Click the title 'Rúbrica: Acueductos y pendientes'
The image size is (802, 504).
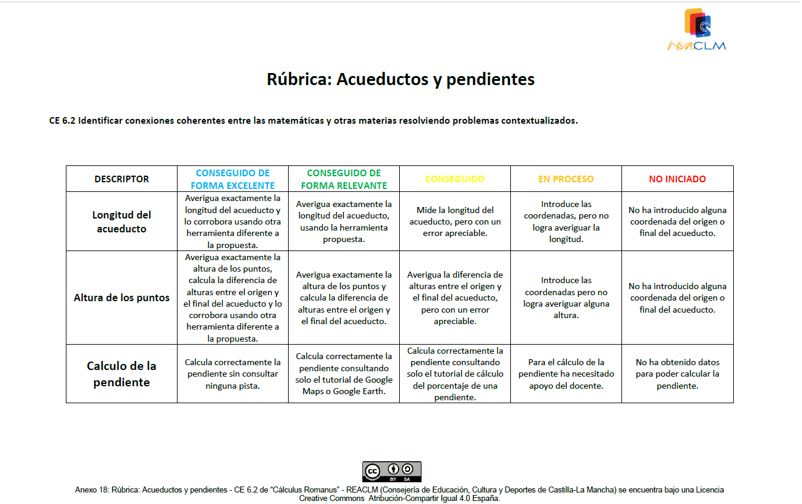tap(400, 79)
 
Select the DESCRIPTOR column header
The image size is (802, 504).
tap(121, 179)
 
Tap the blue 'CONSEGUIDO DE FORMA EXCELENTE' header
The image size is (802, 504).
tap(233, 179)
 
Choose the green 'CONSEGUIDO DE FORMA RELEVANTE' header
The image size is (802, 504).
tap(344, 179)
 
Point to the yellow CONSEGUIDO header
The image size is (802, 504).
tap(455, 179)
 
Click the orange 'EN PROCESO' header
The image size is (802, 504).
tap(566, 179)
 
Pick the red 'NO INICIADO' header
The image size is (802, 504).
tap(677, 179)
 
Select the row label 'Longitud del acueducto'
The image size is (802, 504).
tap(121, 222)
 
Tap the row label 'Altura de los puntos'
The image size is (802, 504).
tap(121, 298)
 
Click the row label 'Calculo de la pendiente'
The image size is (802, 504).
tap(121, 374)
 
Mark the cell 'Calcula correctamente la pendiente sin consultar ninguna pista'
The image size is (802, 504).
tap(233, 374)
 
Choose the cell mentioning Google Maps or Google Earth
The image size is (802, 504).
tap(344, 374)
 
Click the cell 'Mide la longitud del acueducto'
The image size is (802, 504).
tap(455, 222)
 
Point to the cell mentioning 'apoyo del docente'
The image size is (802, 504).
tap(566, 374)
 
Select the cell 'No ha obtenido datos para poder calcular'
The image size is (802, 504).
tap(677, 374)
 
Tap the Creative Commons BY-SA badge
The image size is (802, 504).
tap(391, 471)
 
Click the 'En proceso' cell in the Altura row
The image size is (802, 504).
tap(566, 298)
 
